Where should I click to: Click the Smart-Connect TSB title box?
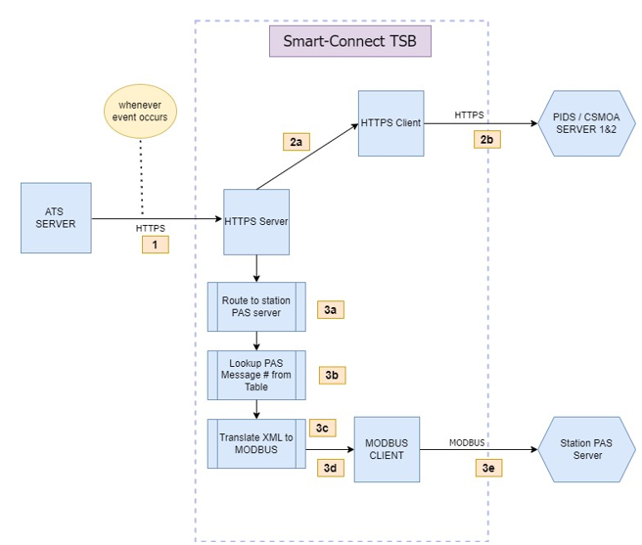tap(350, 41)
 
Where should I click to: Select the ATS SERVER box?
tap(56, 217)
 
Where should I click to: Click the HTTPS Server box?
tap(256, 221)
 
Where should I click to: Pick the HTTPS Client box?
tap(390, 123)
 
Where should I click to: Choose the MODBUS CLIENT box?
tap(386, 449)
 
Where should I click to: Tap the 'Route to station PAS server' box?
tap(256, 306)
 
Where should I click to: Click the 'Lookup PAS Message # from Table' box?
tap(256, 375)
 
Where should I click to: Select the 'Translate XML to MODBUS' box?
tap(256, 443)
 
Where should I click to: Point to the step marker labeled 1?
tap(155, 246)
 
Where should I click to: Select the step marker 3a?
tap(331, 310)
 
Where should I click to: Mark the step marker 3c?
tap(323, 428)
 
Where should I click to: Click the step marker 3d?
tap(331, 469)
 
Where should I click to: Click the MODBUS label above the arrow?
tap(467, 442)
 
